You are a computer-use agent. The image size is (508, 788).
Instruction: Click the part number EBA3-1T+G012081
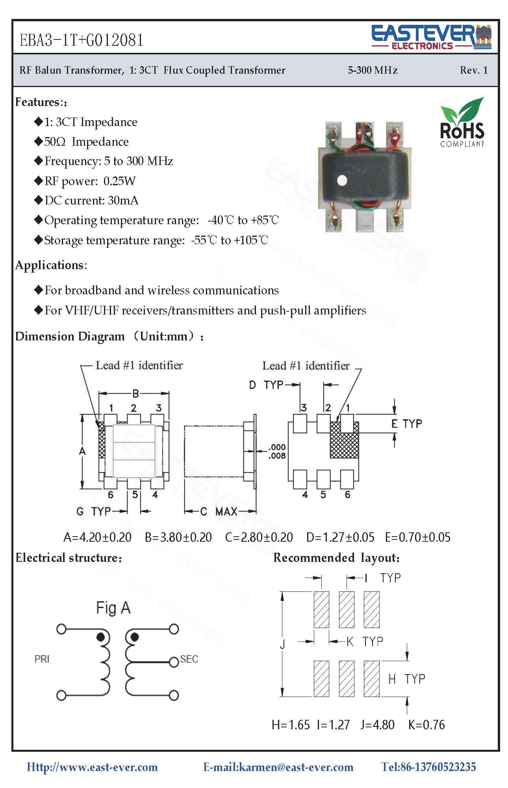pyautogui.click(x=82, y=40)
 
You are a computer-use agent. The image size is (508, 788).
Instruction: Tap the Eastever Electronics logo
pyautogui.click(x=432, y=37)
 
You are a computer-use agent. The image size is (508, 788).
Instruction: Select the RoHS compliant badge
pyautogui.click(x=462, y=123)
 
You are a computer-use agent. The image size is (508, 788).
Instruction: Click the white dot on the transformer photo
pyautogui.click(x=343, y=180)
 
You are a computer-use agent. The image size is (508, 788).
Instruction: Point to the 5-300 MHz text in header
pyautogui.click(x=373, y=71)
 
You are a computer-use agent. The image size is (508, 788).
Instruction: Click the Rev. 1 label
pyautogui.click(x=473, y=71)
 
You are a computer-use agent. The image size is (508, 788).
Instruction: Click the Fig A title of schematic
pyautogui.click(x=113, y=608)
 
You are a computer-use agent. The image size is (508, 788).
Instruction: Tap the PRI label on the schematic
pyautogui.click(x=42, y=659)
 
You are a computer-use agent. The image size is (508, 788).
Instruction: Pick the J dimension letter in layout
pyautogui.click(x=282, y=645)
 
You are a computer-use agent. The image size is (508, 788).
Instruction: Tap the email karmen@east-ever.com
pyautogui.click(x=278, y=767)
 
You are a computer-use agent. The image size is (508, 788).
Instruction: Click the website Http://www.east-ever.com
pyautogui.click(x=92, y=767)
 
